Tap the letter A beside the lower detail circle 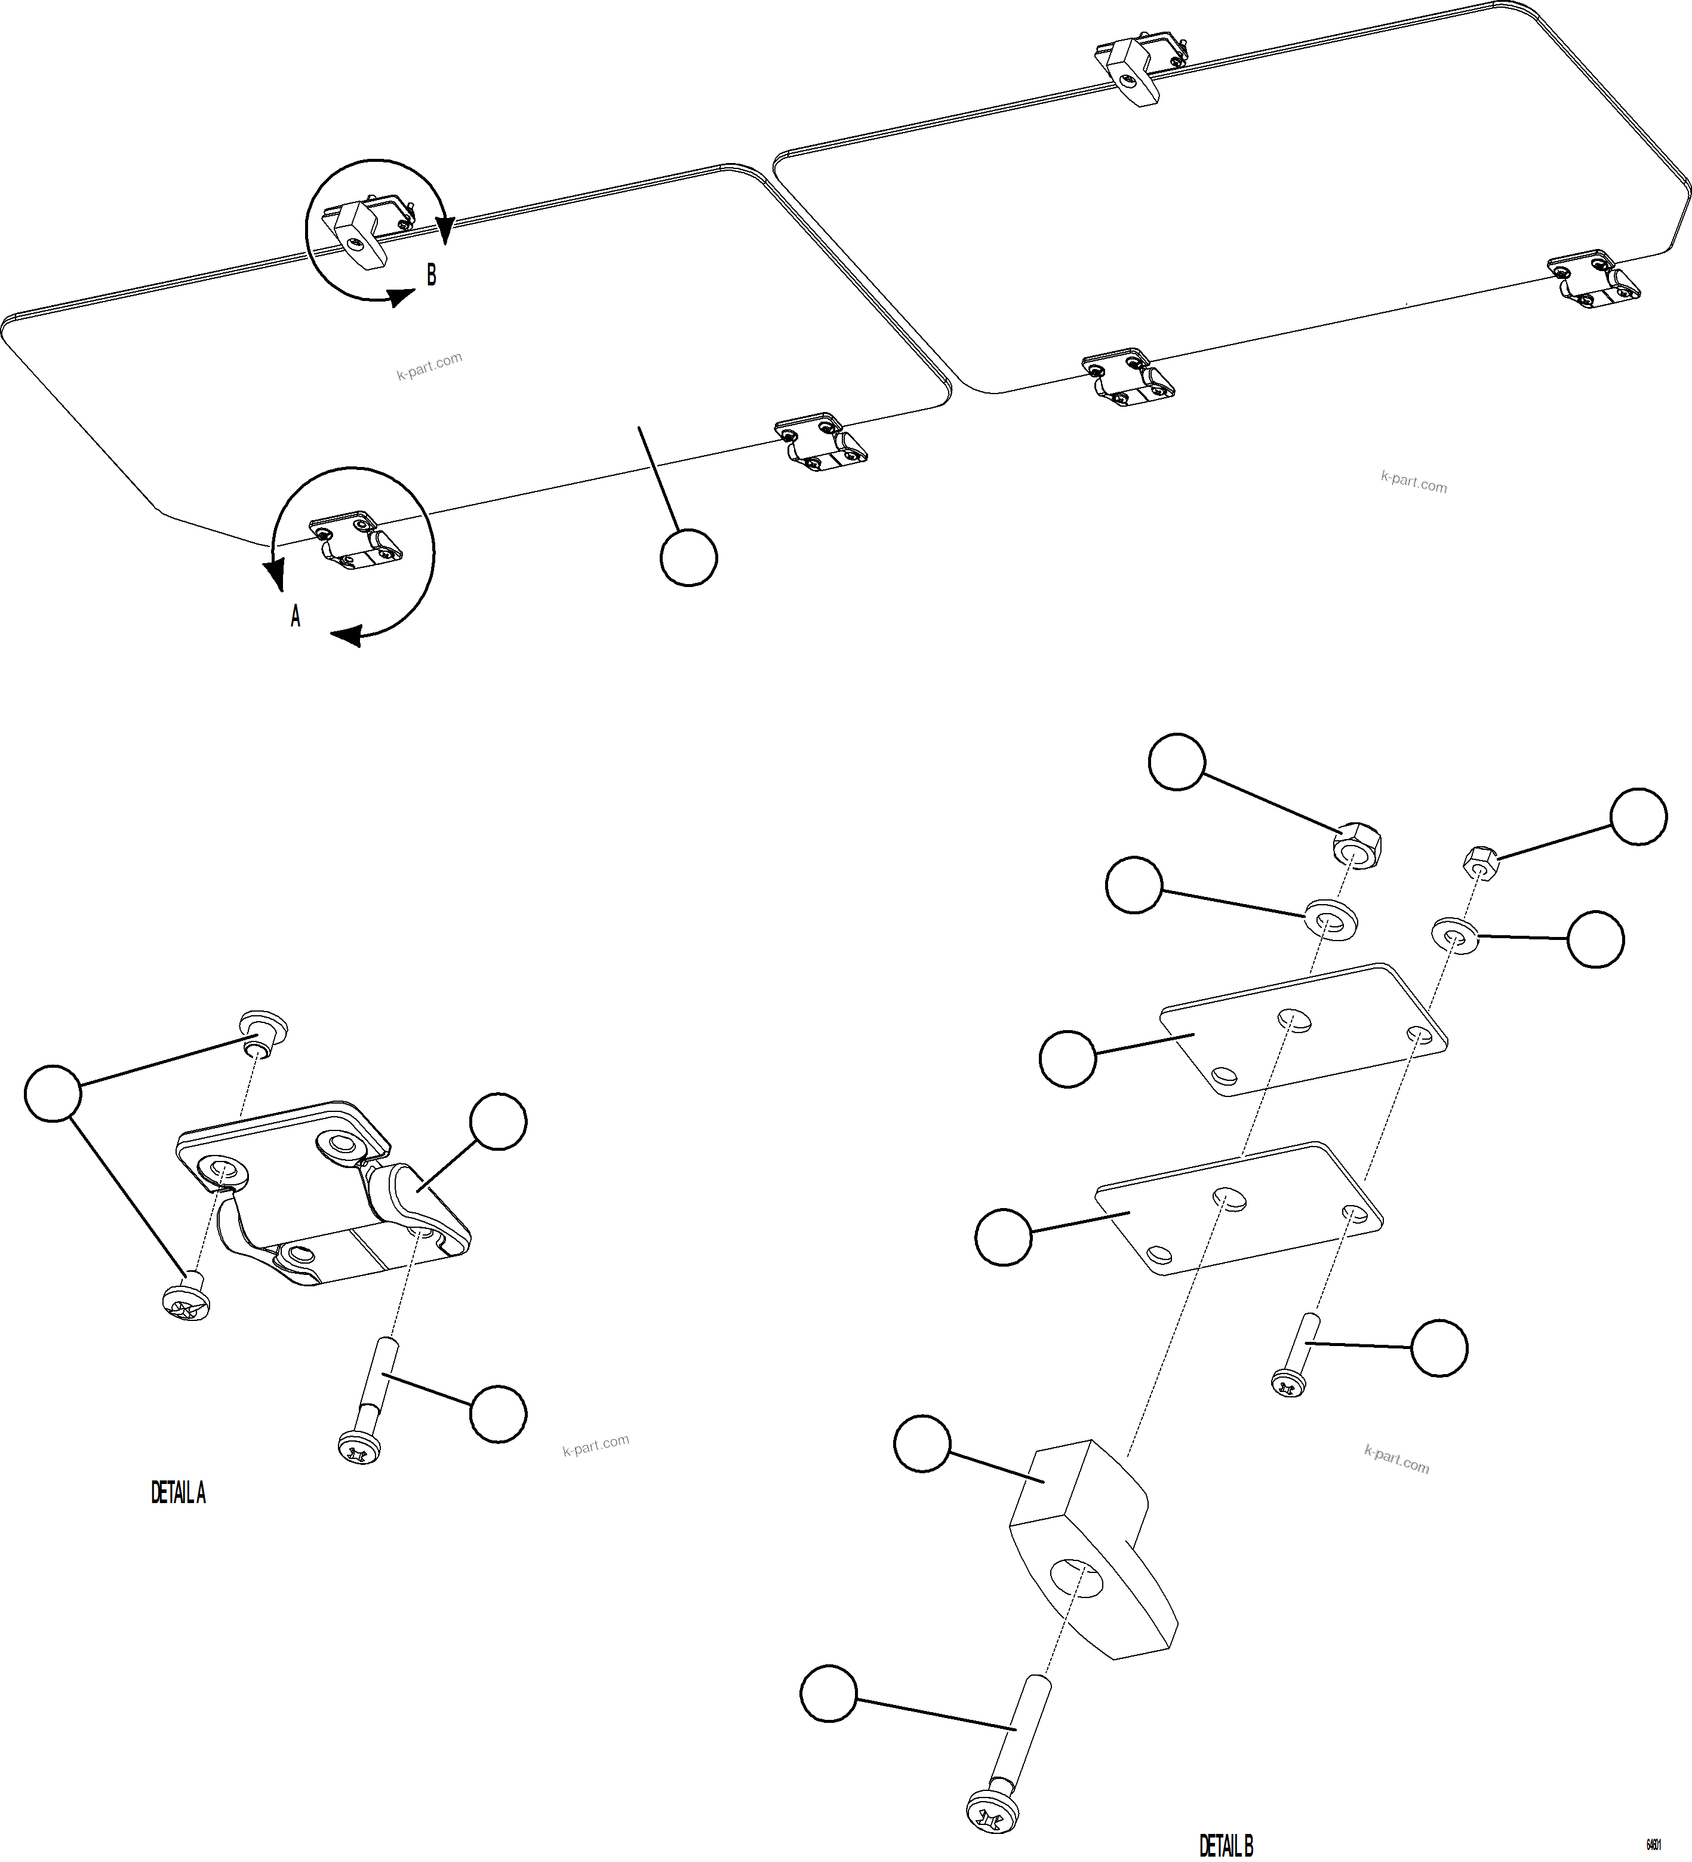(x=296, y=616)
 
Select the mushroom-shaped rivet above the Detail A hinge (x=263, y=1031)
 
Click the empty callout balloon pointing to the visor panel (x=689, y=558)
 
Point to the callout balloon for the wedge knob (x=922, y=1446)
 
